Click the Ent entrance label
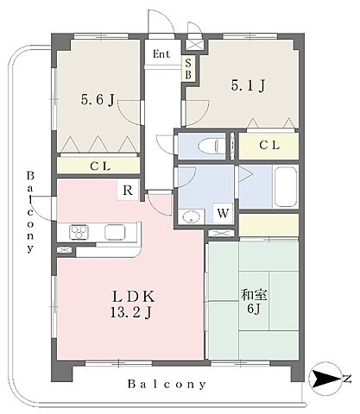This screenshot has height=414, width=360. pos(161,54)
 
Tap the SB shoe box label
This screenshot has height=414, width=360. pos(188,69)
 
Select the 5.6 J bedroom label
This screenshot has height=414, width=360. pos(98,100)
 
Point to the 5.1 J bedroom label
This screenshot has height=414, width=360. pos(248,85)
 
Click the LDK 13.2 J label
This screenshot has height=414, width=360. pos(133,304)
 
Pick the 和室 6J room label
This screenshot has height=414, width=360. pos(254,301)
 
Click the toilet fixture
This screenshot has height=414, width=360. pos(212,146)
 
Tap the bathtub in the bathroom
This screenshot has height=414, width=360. pos(286,187)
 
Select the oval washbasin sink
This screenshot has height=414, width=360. pos(191,217)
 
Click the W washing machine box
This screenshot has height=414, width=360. pos(223,213)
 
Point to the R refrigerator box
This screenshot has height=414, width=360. pos(128,190)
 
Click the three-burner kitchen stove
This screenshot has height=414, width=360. pos(79,232)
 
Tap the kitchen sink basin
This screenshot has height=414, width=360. pos(115,232)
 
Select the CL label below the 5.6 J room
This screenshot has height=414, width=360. pos(100,166)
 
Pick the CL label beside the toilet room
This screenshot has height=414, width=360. pos(269,146)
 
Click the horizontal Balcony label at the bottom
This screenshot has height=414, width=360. pos(167,384)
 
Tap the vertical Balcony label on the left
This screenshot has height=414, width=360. pos(30,212)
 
